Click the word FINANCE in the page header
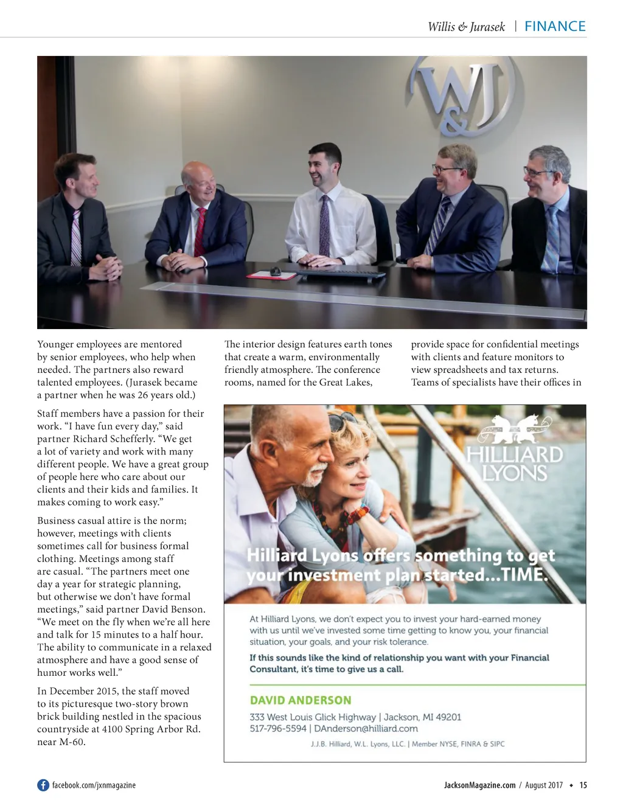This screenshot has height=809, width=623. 555,26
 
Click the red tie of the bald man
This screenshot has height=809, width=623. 200,231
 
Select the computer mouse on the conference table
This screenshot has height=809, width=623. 275,271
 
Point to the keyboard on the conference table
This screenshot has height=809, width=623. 340,274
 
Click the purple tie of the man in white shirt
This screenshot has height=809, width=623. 325,226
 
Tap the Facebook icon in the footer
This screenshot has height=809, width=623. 43,785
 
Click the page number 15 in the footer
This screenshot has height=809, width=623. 583,785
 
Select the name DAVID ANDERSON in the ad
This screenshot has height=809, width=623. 301,700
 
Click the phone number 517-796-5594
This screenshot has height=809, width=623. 277,728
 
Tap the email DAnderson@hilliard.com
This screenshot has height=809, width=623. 366,728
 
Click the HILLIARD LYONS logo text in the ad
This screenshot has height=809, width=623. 515,464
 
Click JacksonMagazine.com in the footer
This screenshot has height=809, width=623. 479,785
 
